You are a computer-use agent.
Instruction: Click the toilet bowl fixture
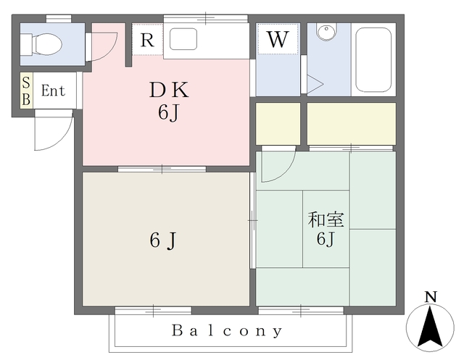[41, 44]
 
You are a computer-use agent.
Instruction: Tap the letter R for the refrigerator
[147, 40]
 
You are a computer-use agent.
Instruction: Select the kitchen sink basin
[183, 39]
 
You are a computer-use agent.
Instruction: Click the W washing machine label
[278, 40]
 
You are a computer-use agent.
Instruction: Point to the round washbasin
[326, 30]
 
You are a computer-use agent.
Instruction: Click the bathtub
[373, 60]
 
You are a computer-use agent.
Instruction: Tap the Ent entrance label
[53, 91]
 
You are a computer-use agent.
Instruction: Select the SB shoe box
[26, 91]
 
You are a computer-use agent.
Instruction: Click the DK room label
[169, 90]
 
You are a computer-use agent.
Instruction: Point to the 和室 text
[326, 219]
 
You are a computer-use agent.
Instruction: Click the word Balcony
[227, 331]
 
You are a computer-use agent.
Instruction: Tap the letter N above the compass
[431, 297]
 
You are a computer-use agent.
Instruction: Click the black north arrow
[430, 328]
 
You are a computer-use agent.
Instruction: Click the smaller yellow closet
[278, 124]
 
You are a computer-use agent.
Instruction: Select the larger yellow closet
[352, 124]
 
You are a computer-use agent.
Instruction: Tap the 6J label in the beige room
[163, 240]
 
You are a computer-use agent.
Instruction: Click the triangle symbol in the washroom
[314, 84]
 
